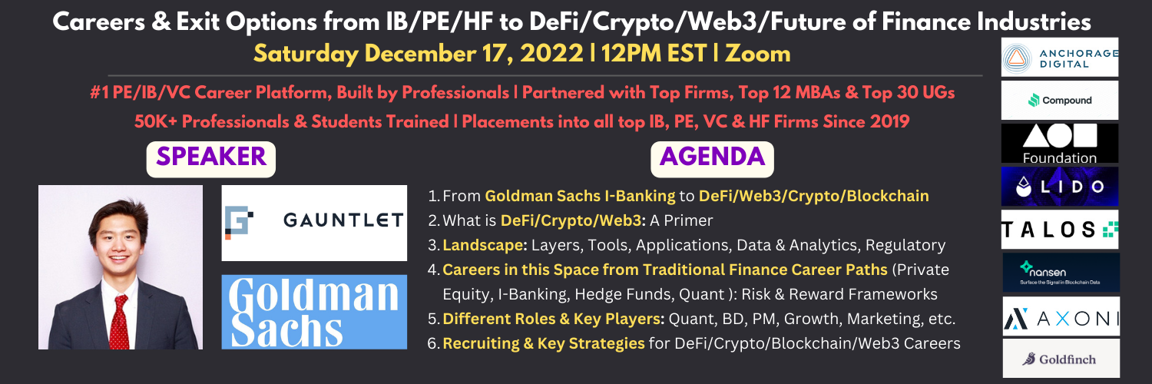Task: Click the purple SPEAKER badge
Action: click(211, 159)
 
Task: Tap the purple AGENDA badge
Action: click(712, 159)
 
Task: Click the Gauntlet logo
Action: click(314, 223)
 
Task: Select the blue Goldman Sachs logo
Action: click(314, 312)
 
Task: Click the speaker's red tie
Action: click(119, 322)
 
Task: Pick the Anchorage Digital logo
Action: click(1059, 57)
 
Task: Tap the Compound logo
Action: click(1059, 101)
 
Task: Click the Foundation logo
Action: click(1059, 144)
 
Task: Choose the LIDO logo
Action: click(1059, 186)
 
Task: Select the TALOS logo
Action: click(1059, 230)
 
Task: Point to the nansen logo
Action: click(1061, 273)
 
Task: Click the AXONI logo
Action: click(1061, 316)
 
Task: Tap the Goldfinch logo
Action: click(1061, 359)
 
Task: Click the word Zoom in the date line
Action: click(757, 54)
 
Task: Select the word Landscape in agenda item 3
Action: click(482, 245)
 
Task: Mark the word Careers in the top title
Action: click(99, 22)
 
